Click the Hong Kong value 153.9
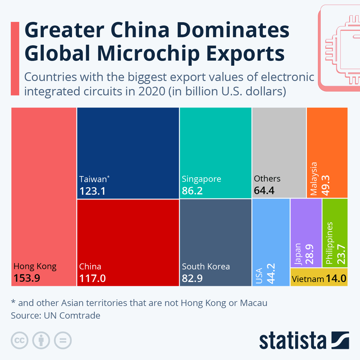coord(27,278)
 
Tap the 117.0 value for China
coord(92,278)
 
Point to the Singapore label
coord(201,179)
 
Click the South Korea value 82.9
coord(192,278)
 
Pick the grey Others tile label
coord(267,179)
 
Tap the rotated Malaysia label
coord(314,179)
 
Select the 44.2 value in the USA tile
coord(271,274)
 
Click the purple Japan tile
coord(306,232)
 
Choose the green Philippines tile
coord(335,232)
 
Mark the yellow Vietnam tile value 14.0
coord(336,278)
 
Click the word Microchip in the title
coord(148,54)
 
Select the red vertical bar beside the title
coord(15,58)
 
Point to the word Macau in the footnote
coord(253,303)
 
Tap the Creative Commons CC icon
coord(19,340)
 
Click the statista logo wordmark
coord(292,341)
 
